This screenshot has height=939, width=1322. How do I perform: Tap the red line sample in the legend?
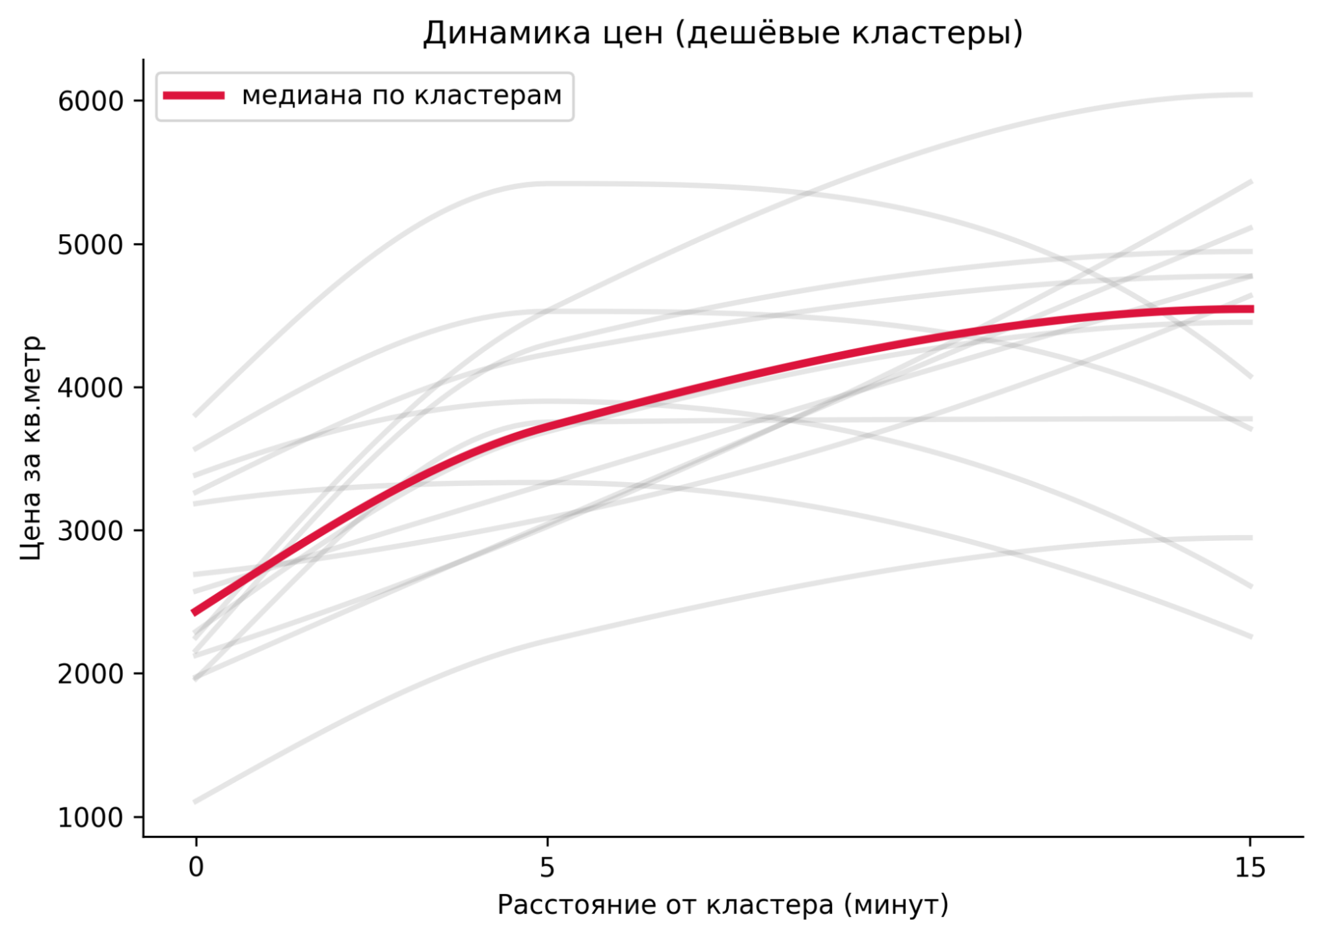pos(194,96)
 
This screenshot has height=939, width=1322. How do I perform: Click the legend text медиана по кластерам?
pos(401,96)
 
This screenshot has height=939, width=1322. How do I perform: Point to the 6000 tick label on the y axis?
pos(91,101)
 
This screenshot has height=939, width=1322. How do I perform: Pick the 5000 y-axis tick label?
pos(91,245)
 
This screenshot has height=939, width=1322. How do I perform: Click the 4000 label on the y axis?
pos(91,388)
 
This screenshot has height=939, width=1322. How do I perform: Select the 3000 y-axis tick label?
pos(91,531)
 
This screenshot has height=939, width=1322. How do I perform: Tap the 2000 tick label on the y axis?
pos(91,674)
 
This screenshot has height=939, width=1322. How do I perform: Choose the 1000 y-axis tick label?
pos(91,817)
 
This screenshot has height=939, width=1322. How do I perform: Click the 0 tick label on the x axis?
pos(196,867)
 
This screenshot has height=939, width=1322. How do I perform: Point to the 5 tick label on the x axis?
pos(547,867)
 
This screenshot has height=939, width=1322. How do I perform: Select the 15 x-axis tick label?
pos(1249,867)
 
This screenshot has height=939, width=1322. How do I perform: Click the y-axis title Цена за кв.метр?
pos(31,448)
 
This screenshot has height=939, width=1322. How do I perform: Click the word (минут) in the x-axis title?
pos(896,905)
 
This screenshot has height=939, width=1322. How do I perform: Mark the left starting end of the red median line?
pos(193,613)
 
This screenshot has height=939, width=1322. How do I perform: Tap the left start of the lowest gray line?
pos(194,801)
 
